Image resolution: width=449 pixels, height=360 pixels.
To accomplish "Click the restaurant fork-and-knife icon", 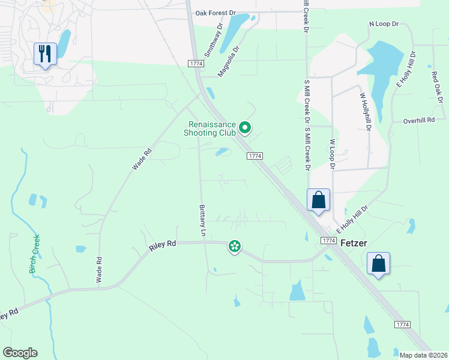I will tap(46, 54).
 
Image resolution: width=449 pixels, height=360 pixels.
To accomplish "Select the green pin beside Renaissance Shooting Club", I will tap(244, 127).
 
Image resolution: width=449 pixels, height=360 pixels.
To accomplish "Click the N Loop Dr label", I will tap(384, 24).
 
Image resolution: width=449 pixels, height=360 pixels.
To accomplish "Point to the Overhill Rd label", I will tap(419, 121).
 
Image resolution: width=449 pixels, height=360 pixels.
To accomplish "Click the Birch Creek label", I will tap(35, 253).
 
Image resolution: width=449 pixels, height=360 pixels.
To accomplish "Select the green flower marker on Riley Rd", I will tap(235, 246).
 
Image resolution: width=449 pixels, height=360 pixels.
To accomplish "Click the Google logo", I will tap(20, 353).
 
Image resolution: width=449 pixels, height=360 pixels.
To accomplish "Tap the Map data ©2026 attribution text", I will tap(423, 355).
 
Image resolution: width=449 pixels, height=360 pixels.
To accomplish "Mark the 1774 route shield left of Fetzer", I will tap(328, 240).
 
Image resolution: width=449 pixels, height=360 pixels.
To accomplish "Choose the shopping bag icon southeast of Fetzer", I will tap(379, 263).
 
